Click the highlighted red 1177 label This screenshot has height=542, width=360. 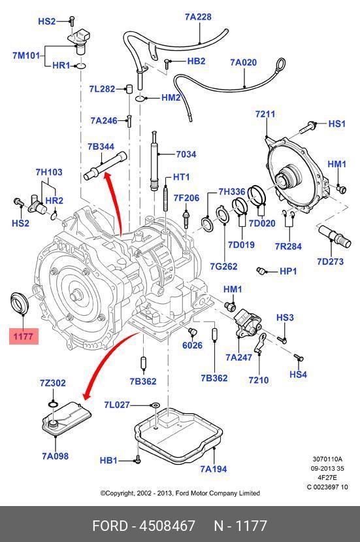tap(24, 336)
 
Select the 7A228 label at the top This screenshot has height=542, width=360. tap(198, 16)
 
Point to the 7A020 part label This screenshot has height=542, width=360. tap(244, 63)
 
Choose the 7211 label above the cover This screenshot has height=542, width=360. tap(265, 114)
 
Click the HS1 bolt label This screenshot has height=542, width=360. tap(336, 124)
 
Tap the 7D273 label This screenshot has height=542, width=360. tap(331, 262)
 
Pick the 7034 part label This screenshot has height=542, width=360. tap(186, 154)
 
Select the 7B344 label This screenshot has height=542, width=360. tap(101, 146)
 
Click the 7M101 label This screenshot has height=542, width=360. tap(27, 56)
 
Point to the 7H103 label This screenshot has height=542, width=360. tap(49, 172)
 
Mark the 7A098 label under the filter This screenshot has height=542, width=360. tap(56, 456)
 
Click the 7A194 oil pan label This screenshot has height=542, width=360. tap(214, 469)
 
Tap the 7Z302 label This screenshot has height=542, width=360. tap(53, 383)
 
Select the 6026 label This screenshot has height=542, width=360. tap(193, 345)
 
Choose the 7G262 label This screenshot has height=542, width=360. tap(224, 266)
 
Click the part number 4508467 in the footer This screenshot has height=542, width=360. tap(167, 526)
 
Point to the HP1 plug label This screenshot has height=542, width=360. tap(288, 271)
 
